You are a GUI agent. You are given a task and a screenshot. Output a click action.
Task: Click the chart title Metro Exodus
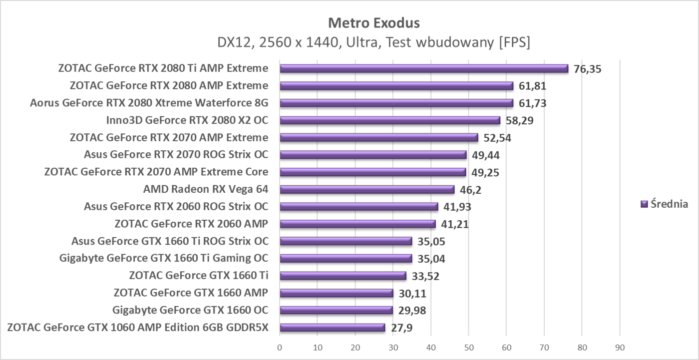click(x=373, y=23)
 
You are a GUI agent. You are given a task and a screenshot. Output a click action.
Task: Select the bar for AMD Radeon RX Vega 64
click(x=367, y=189)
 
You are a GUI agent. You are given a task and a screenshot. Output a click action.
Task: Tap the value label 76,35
click(x=588, y=69)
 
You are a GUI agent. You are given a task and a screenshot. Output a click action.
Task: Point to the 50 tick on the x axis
click(x=468, y=347)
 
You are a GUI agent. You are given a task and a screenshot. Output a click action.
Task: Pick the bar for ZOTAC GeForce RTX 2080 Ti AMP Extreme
click(x=424, y=68)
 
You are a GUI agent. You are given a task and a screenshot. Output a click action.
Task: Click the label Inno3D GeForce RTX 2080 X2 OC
click(x=187, y=120)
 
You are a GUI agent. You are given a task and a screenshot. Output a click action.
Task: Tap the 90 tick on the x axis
click(x=620, y=347)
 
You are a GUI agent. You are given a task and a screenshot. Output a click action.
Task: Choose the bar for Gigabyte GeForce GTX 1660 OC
click(x=336, y=310)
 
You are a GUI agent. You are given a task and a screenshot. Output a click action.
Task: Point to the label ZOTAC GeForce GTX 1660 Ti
click(x=199, y=276)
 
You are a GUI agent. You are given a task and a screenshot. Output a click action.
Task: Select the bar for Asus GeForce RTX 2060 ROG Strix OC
click(x=358, y=206)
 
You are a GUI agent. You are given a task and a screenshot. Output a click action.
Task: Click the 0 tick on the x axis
click(x=280, y=347)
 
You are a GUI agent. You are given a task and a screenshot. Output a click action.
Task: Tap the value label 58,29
click(x=519, y=121)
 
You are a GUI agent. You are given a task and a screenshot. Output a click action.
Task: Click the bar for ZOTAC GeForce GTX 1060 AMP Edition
click(x=332, y=328)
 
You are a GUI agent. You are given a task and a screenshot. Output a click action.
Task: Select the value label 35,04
click(x=431, y=259)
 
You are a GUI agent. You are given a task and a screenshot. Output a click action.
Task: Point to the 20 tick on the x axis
click(x=355, y=347)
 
